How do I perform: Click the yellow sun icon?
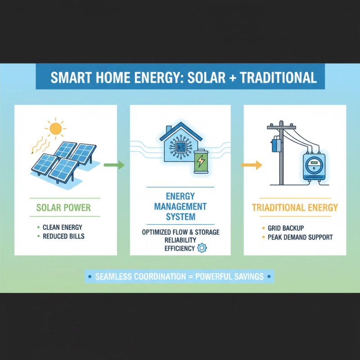tap(55, 129)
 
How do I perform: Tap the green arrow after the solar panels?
tap(114, 165)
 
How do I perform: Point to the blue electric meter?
tap(312, 166)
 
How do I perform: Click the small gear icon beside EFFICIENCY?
tap(202, 247)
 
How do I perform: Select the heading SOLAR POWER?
tap(64, 208)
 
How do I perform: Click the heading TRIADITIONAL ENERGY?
tap(295, 207)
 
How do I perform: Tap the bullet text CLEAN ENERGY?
tap(63, 227)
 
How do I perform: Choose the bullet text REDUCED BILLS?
tap(63, 236)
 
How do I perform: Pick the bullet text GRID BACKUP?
tap(283, 228)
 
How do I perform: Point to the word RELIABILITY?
tap(180, 240)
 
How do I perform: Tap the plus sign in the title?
tap(231, 77)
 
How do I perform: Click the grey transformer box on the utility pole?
tap(275, 145)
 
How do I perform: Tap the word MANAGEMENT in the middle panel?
tap(180, 207)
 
